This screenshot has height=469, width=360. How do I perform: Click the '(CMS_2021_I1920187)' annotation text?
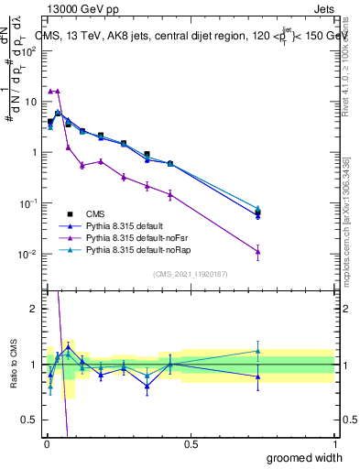click(190, 272)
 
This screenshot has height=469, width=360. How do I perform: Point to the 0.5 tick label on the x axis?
click(190, 444)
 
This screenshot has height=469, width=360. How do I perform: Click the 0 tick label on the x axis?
click(45, 444)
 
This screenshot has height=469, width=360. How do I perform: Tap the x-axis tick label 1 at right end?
click(335, 444)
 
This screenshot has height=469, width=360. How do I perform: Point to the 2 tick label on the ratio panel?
click(33, 309)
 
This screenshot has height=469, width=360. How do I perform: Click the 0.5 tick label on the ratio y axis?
click(30, 420)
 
